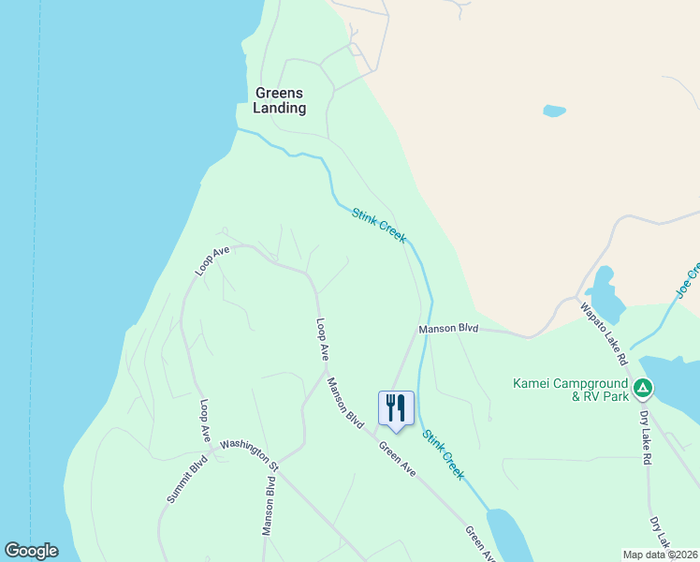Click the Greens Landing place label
[x=279, y=100]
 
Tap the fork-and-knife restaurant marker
[x=395, y=408]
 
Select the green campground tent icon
[x=642, y=387]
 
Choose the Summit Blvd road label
[x=186, y=480]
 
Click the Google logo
[x=31, y=551]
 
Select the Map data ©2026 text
[x=660, y=555]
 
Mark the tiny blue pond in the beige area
[x=554, y=111]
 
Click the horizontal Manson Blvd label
[x=448, y=329]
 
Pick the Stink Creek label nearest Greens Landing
[x=379, y=226]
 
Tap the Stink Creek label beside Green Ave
[x=443, y=454]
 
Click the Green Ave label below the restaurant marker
[x=397, y=459]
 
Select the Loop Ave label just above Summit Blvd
[x=205, y=421]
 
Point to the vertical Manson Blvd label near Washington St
[x=269, y=506]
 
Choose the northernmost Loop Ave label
[x=212, y=260]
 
